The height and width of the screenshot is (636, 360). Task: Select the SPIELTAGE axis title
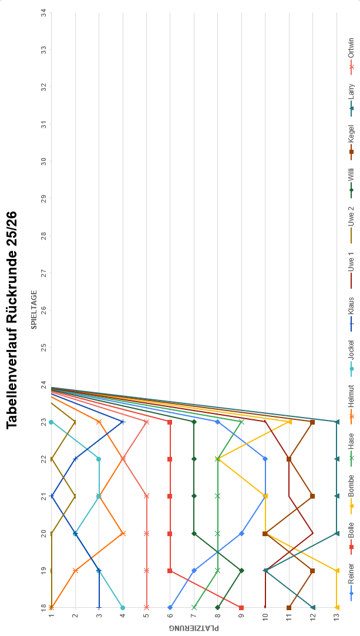(x=34, y=309)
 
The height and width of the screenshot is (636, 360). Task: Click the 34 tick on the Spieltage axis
(x=44, y=12)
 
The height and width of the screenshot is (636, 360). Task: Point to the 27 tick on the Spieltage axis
(x=44, y=272)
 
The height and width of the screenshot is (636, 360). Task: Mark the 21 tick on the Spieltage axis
(x=44, y=496)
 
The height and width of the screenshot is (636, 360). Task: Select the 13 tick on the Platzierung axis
(x=337, y=616)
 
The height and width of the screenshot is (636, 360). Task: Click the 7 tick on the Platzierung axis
(x=194, y=616)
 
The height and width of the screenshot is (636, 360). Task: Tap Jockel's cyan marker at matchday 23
(x=51, y=422)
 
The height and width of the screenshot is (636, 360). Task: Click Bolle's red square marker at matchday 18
(x=241, y=607)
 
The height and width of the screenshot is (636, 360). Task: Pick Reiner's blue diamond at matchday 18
(x=170, y=607)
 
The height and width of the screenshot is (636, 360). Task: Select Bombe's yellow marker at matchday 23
(x=289, y=422)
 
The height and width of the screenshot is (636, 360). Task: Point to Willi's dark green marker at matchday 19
(x=241, y=570)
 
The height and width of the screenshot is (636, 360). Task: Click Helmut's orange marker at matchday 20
(x=123, y=533)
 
